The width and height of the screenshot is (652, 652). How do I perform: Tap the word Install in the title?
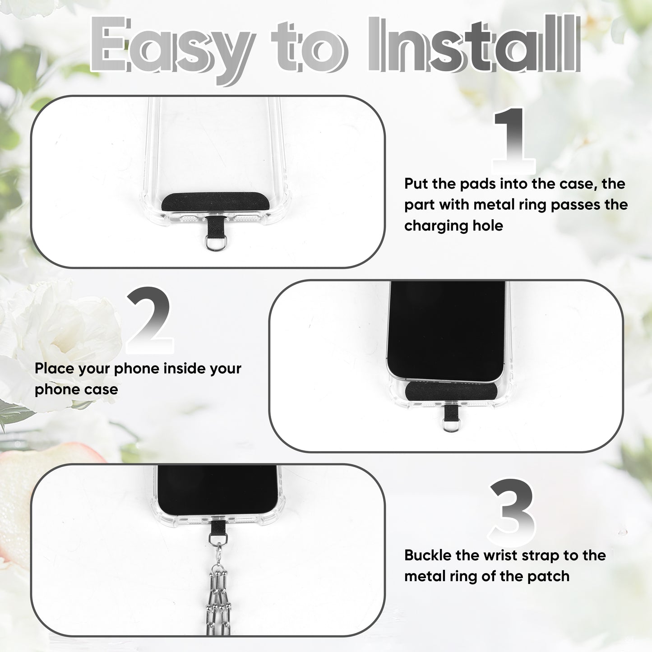click(474, 44)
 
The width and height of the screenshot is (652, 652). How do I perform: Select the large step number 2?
click(149, 320)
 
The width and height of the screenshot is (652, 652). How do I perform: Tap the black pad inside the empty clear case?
click(215, 202)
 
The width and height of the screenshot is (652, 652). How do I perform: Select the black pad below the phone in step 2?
click(451, 390)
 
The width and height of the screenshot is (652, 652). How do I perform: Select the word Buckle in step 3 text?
click(427, 555)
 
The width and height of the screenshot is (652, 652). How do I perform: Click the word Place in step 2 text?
click(54, 368)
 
